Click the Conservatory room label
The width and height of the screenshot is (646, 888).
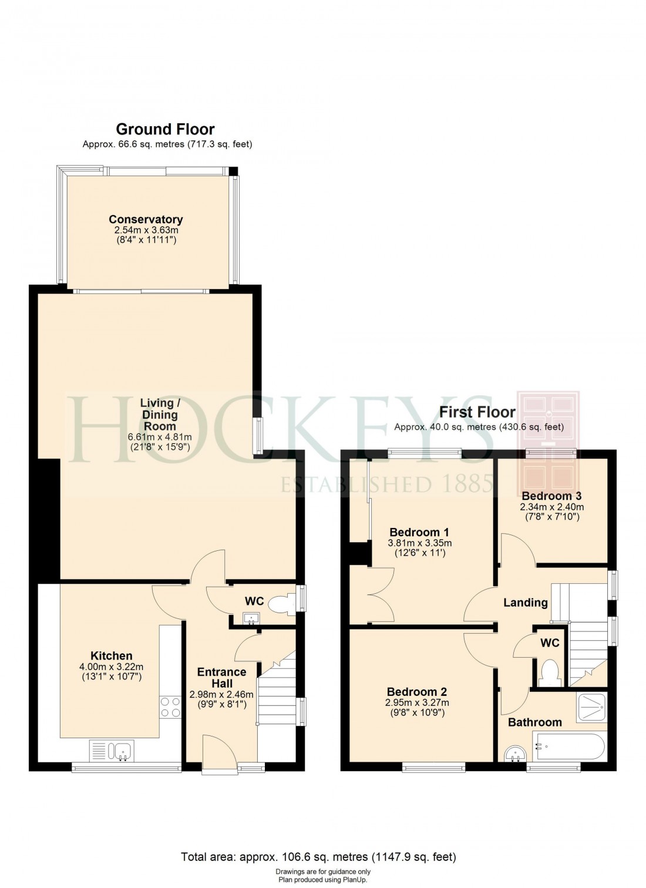click(x=146, y=220)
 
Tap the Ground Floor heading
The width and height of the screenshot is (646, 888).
click(x=165, y=129)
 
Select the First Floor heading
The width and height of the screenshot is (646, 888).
click(x=477, y=412)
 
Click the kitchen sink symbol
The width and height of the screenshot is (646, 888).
click(x=112, y=751)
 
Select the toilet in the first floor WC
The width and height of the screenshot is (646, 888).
click(x=550, y=672)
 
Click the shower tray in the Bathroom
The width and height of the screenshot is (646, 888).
click(x=591, y=707)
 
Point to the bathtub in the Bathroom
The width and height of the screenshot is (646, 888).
click(x=568, y=746)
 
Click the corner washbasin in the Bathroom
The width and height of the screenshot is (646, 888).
click(x=514, y=754)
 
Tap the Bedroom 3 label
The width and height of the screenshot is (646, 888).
click(x=551, y=496)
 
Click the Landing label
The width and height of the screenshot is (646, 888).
click(x=525, y=603)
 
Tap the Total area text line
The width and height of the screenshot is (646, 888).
click(x=318, y=857)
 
